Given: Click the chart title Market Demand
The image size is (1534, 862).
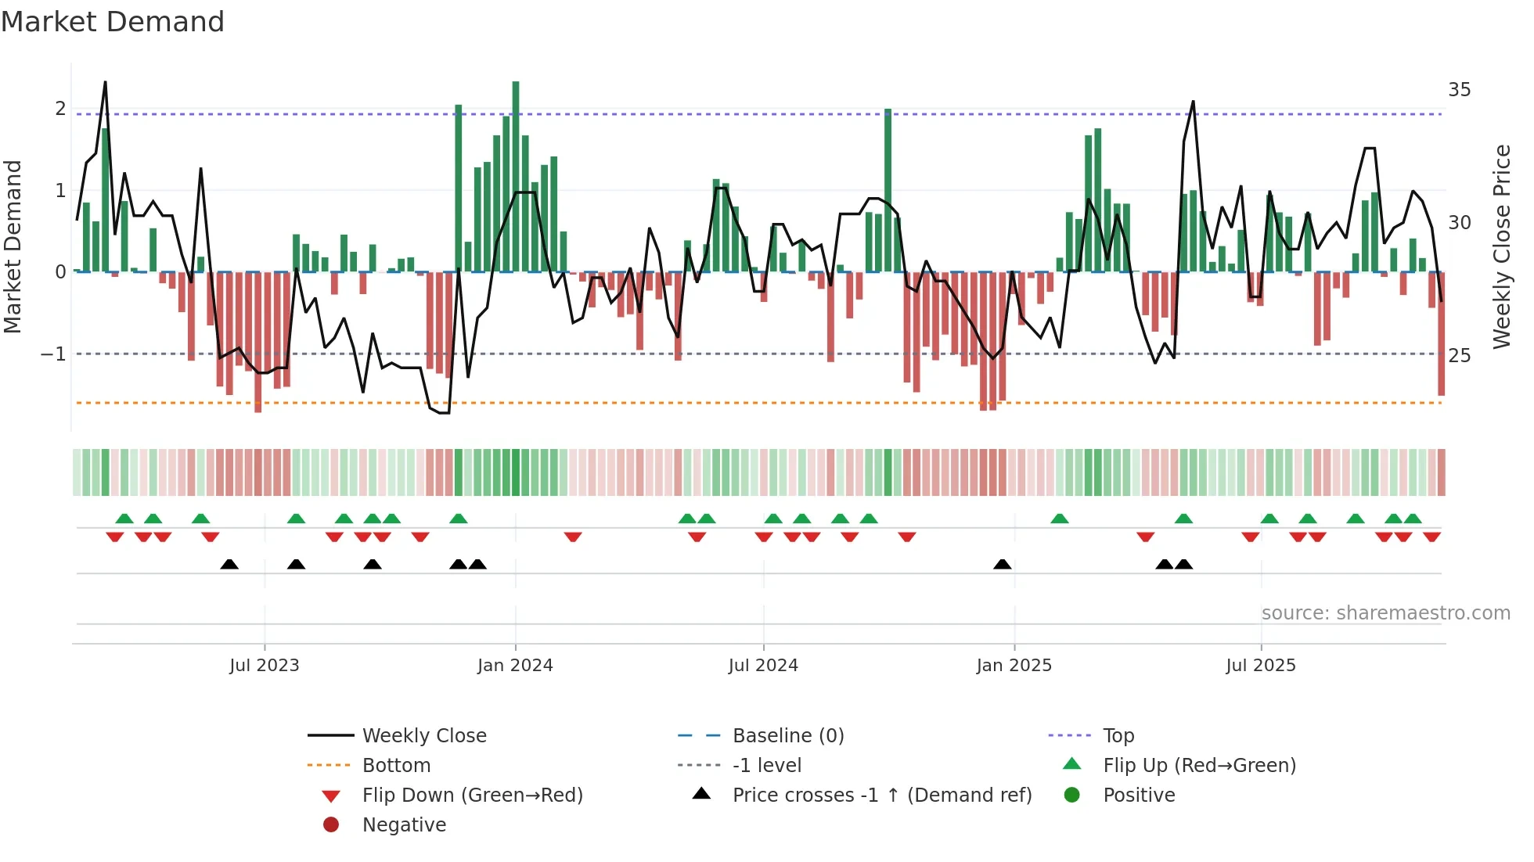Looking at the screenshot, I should point(113,22).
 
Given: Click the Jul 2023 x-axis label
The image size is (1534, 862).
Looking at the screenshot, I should point(265,666).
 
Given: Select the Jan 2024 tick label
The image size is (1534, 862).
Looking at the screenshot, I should point(515,666).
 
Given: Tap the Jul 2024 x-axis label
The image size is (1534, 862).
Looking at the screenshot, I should point(763,666).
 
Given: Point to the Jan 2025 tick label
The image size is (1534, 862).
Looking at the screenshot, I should point(1014,666).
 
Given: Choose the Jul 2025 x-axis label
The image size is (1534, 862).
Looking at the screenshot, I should point(1261,666).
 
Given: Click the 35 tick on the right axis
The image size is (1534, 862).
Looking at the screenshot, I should point(1459,90).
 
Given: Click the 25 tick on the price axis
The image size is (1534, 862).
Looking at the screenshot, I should point(1459,356).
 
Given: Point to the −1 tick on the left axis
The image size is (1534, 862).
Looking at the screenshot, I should point(54,354).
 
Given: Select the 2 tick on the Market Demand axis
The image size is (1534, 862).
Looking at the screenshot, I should point(60,109).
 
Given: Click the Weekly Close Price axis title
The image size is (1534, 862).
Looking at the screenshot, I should point(1501,246).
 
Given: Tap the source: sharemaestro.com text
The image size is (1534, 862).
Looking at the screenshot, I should point(1385,613).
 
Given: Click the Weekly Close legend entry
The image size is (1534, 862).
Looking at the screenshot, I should point(424,736).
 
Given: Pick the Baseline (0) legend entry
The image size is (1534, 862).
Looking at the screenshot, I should point(787,736).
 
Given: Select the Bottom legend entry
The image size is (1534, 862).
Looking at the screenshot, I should point(396,766).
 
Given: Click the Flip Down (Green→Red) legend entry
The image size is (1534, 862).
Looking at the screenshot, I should point(472,796).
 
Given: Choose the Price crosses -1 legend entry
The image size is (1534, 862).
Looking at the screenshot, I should point(881,796).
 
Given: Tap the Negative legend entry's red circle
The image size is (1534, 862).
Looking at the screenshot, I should point(331,825).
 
